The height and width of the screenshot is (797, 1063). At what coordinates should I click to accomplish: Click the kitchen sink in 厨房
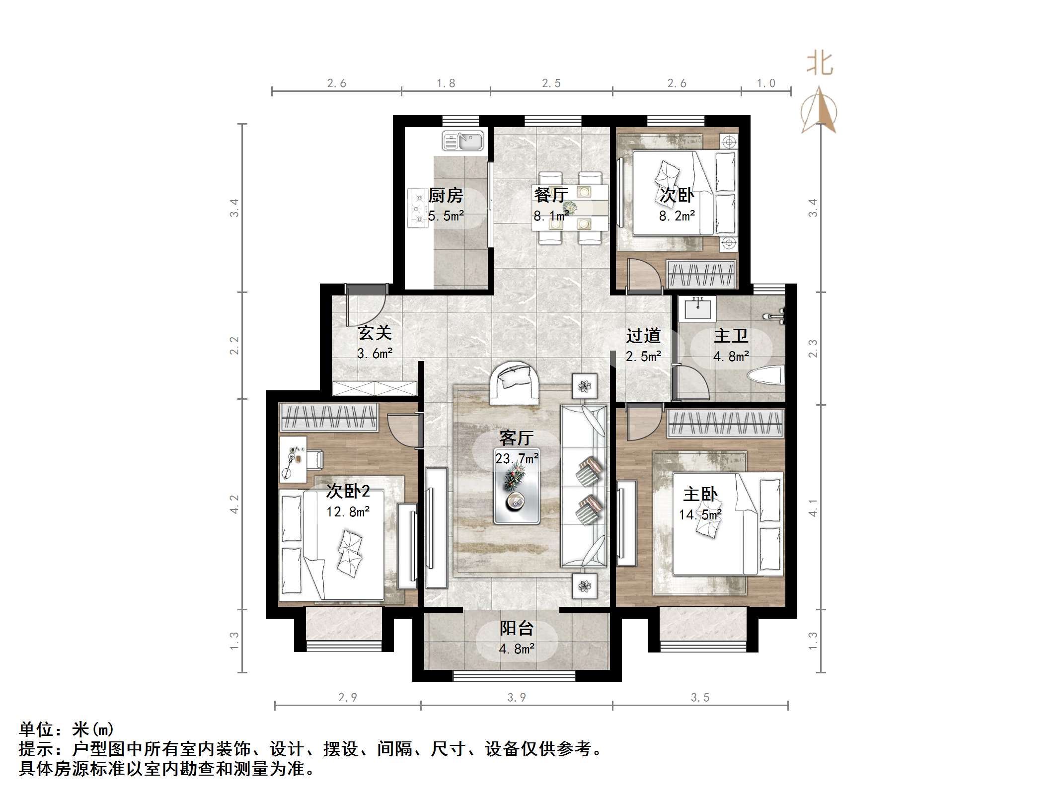click(x=462, y=141)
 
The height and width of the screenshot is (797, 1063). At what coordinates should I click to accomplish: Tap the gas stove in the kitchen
click(x=418, y=208)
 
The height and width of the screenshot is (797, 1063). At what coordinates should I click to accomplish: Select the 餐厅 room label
click(x=550, y=195)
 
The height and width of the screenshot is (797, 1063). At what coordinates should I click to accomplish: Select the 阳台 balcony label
click(x=517, y=628)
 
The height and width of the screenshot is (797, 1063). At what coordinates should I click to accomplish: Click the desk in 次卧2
click(x=293, y=459)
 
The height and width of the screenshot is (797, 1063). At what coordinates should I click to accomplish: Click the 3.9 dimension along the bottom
click(x=517, y=698)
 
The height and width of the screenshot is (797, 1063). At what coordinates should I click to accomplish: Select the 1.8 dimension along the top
click(x=446, y=83)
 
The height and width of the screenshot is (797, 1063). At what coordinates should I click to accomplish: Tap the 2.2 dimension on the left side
click(x=234, y=346)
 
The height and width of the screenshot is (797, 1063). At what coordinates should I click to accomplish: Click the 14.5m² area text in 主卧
click(x=700, y=514)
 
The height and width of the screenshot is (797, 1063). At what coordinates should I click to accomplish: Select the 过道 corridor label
click(x=643, y=336)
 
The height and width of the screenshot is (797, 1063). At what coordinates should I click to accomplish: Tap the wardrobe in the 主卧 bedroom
click(x=725, y=424)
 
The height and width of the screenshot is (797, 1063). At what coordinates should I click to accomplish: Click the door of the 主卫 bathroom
click(x=691, y=382)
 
